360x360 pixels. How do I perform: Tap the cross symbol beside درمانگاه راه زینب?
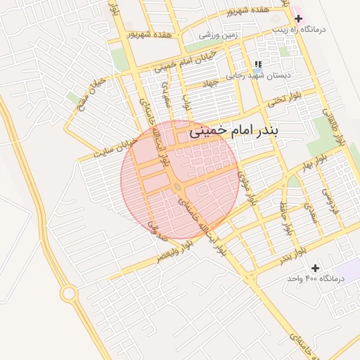298,17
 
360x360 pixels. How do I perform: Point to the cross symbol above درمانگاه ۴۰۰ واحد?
315,268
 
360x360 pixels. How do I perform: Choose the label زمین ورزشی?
219,34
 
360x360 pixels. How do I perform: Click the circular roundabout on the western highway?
69,293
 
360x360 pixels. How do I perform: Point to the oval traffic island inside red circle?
178,187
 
